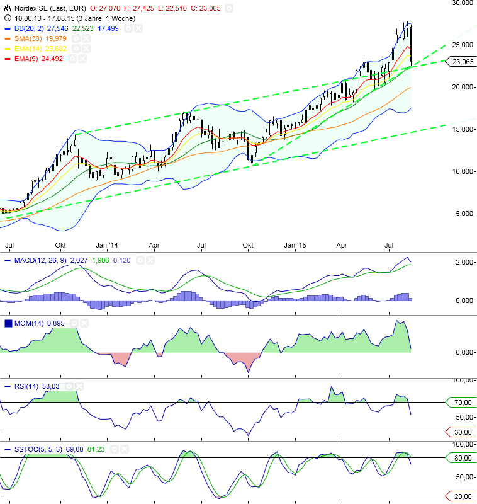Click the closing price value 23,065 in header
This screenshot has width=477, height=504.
(x=210, y=9)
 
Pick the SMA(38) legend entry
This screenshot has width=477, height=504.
(x=28, y=38)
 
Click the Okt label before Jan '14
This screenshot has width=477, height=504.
(x=61, y=244)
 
